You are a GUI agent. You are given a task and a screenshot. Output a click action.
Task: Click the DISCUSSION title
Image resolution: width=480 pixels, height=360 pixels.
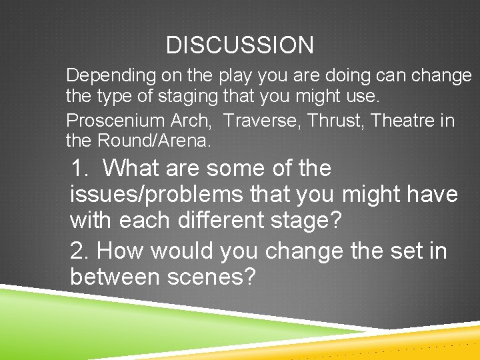coord(239,45)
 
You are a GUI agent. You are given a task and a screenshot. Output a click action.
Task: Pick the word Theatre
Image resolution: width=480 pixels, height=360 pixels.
coord(402,121)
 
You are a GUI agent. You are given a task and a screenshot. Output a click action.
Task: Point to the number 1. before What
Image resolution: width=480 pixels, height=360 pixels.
coord(81,168)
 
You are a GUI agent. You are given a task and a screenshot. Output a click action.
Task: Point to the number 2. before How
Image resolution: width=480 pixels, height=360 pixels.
coord(81,251)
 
